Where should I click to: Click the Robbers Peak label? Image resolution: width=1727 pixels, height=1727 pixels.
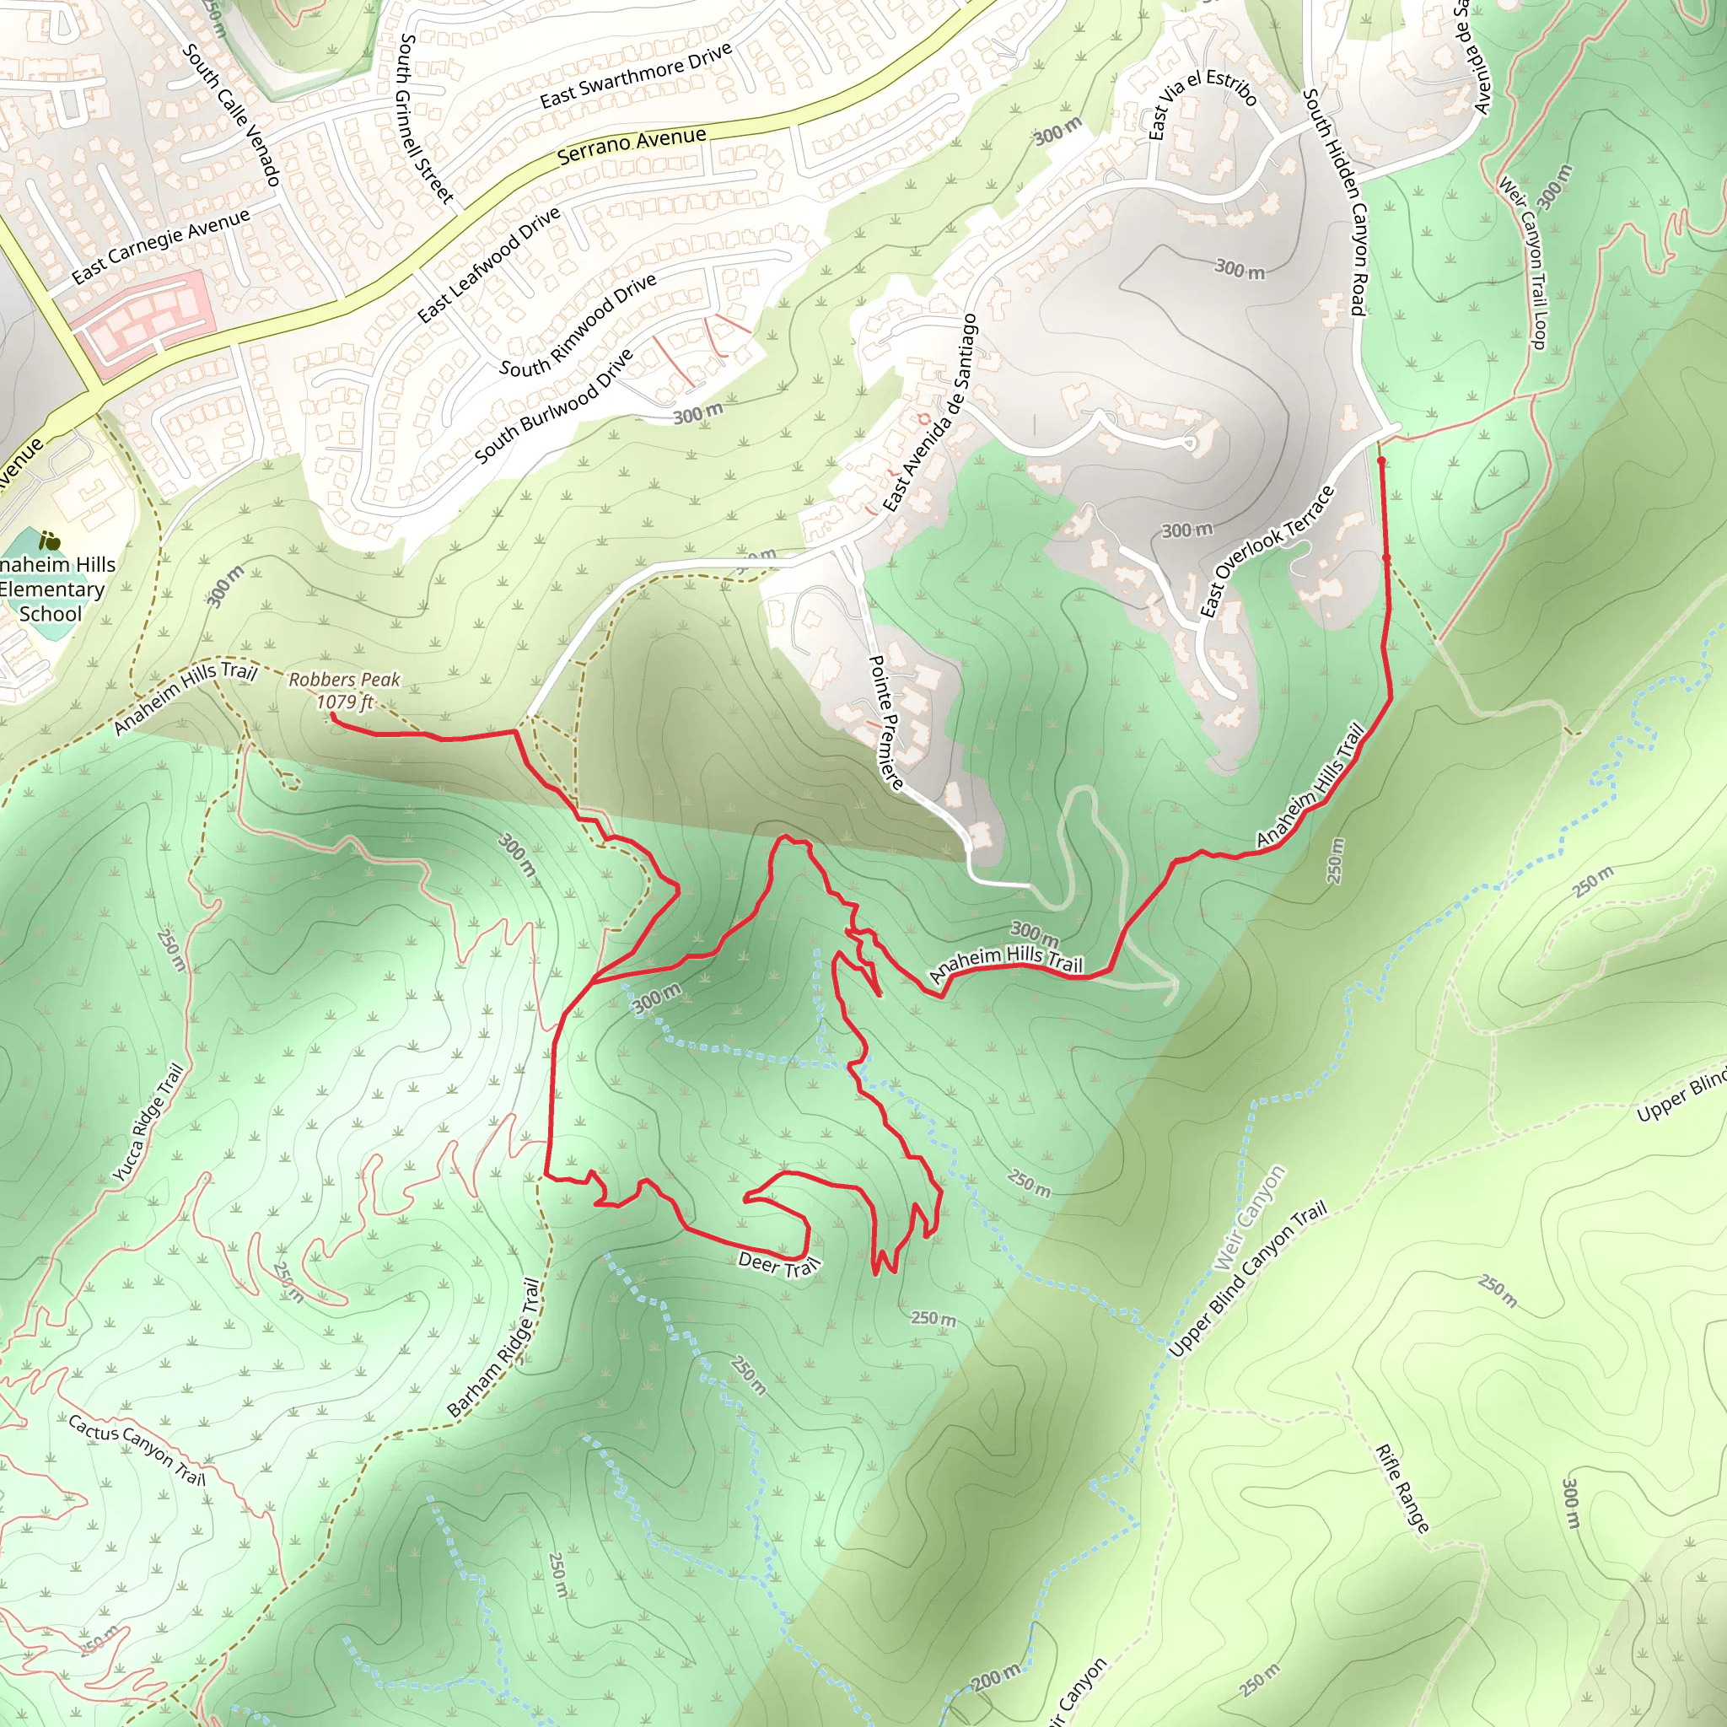(x=344, y=680)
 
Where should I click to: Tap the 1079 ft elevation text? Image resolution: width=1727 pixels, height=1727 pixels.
(x=344, y=702)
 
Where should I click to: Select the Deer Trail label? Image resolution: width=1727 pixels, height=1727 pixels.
(x=778, y=1264)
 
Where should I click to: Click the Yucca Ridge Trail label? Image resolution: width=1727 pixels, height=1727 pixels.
(x=148, y=1122)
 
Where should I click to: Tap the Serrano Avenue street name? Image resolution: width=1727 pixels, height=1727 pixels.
(x=631, y=146)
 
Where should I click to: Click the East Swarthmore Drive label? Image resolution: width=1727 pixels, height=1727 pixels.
(x=636, y=75)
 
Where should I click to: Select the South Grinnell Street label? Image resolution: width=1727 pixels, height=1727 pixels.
(x=426, y=118)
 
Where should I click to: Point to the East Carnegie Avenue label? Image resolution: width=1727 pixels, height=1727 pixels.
(x=161, y=246)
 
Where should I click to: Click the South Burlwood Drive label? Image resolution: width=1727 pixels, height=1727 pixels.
(x=554, y=406)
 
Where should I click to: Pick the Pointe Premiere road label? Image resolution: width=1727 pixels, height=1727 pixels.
(x=886, y=723)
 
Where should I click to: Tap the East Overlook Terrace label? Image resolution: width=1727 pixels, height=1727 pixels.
(x=1267, y=551)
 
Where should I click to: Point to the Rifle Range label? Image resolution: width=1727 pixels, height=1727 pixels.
(x=1402, y=1488)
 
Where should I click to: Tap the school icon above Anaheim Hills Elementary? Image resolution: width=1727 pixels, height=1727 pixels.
(x=50, y=541)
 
